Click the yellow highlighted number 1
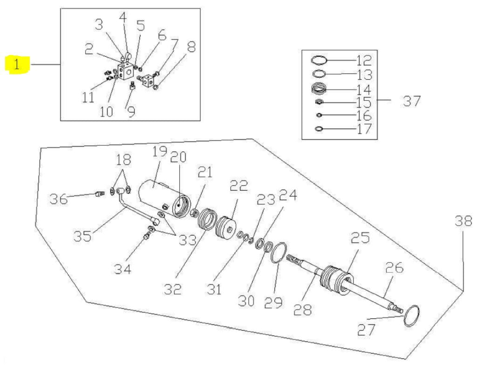tap(17, 65)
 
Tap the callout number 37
tap(412, 101)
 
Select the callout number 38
tap(464, 221)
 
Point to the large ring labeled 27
tap(411, 315)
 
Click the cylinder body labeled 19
tap(156, 195)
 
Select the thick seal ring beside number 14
tap(319, 89)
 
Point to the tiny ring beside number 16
tap(319, 115)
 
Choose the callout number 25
tap(360, 237)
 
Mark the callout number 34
tap(123, 269)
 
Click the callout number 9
tap(131, 112)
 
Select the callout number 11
tap(88, 98)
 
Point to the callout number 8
tap(191, 47)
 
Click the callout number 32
tap(172, 289)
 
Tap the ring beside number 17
tap(319, 129)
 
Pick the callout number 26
tap(394, 267)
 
